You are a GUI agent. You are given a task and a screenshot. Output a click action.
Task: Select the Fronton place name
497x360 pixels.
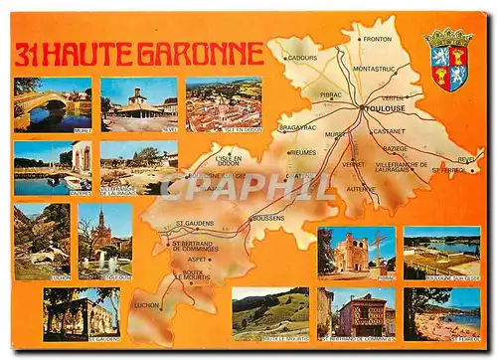[x=378, y=39]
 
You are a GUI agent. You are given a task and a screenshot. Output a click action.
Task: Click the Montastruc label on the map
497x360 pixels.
[x=374, y=69]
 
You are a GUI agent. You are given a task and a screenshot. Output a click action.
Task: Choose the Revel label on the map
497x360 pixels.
[x=465, y=159]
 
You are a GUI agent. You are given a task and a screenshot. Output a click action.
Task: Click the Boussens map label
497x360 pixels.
[x=268, y=218]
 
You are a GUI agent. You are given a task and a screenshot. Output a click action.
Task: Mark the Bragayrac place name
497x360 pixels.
[x=298, y=127]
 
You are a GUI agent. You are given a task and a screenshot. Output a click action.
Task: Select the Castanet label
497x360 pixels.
[x=389, y=131]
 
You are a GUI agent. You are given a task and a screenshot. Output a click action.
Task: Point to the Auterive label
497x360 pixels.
[x=361, y=188]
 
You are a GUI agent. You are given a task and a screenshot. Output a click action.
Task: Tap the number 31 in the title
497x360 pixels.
[x=30, y=54]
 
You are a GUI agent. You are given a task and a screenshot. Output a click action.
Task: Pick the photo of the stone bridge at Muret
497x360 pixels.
[x=53, y=103]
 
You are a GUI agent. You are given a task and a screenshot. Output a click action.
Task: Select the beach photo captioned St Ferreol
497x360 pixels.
[x=441, y=313]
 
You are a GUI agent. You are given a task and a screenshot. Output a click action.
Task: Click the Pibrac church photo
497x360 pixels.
[x=355, y=252]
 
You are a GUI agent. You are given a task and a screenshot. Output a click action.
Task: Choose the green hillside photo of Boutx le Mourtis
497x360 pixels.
[x=270, y=314]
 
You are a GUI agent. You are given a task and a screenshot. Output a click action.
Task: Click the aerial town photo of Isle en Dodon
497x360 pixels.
[x=224, y=103]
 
